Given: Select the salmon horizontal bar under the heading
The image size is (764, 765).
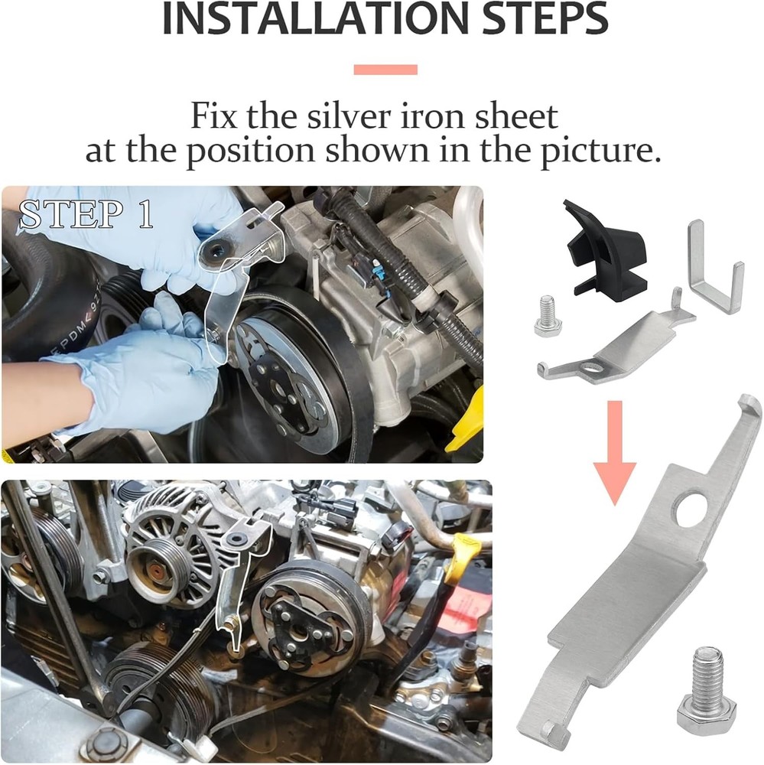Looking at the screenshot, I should click(x=385, y=70).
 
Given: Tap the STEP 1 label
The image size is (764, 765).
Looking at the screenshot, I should click(x=86, y=216).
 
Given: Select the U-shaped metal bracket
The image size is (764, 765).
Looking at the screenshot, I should click(x=715, y=268).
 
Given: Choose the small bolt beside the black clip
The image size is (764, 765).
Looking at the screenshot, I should click(x=548, y=315).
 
